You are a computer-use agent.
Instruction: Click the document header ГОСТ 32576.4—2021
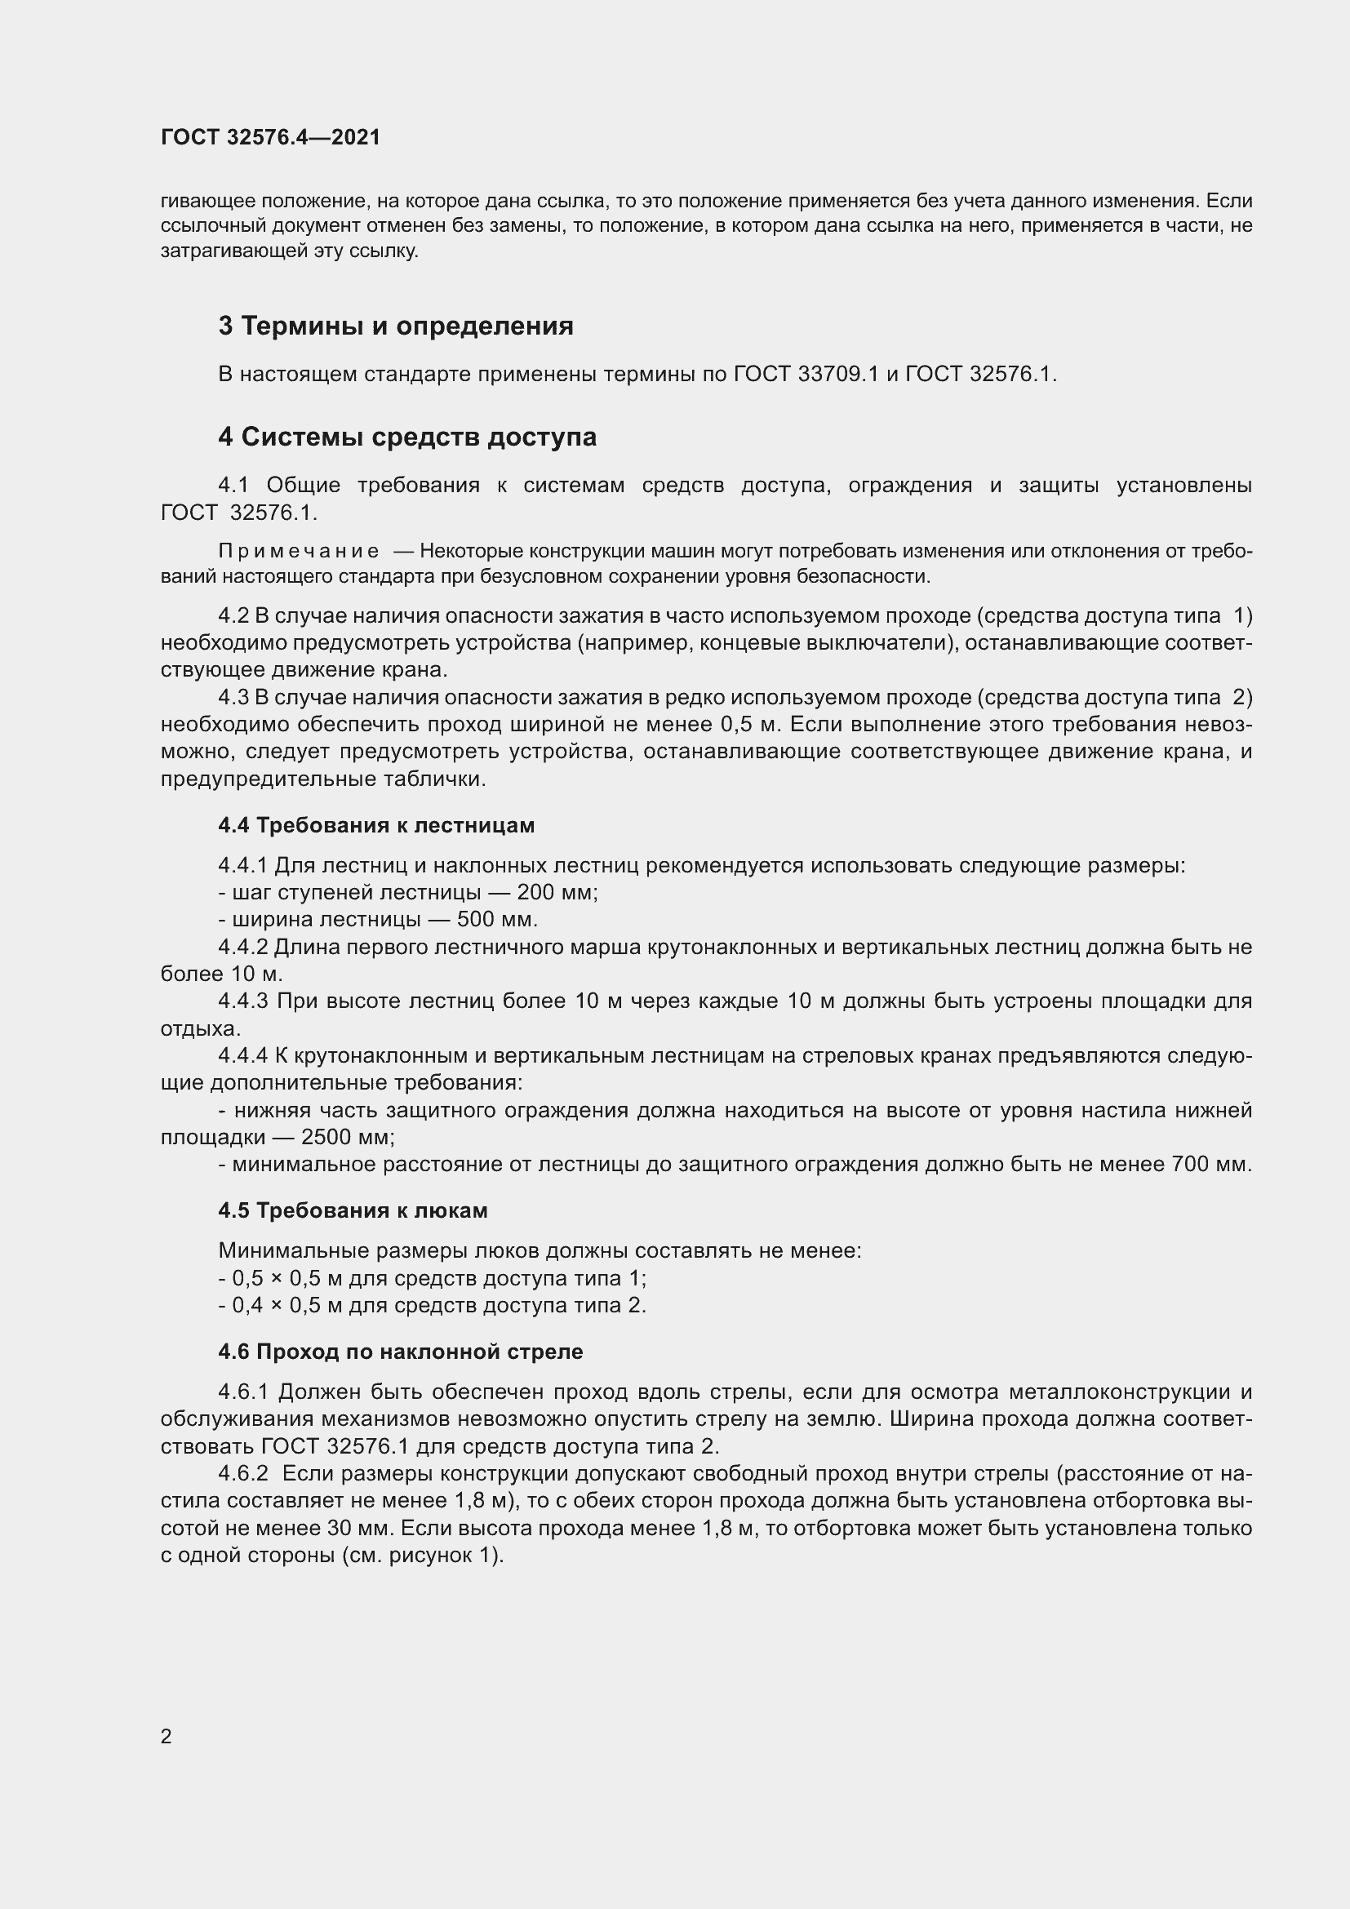(270, 137)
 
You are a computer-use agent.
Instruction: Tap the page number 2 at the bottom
(167, 1736)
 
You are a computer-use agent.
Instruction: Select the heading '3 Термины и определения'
(396, 326)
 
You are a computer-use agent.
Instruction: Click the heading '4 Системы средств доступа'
(407, 437)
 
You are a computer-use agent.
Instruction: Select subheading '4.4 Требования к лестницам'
(375, 826)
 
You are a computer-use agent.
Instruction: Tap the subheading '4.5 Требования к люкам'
(353, 1210)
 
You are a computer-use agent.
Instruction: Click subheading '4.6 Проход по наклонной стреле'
(400, 1352)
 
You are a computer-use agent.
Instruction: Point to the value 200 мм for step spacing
(556, 893)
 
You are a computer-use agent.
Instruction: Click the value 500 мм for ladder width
(496, 920)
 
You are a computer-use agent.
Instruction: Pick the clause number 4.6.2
(242, 1474)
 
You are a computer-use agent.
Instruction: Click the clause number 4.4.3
(242, 1001)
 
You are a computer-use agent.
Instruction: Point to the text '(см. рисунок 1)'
(422, 1556)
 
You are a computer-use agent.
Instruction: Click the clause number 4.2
(233, 616)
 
